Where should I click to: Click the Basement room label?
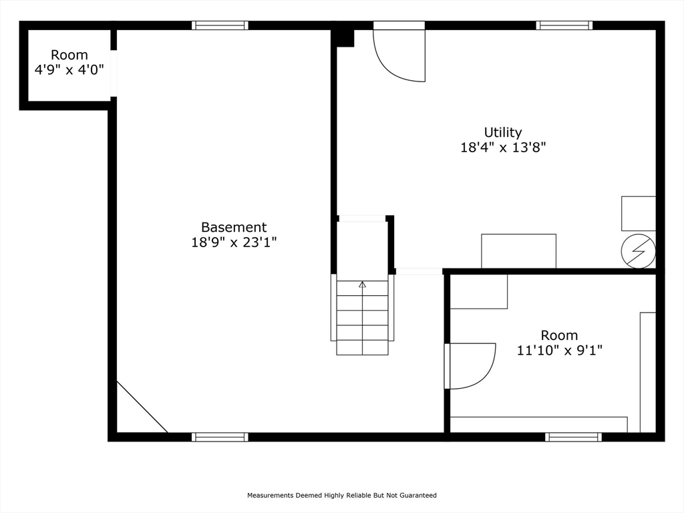pyautogui.click(x=234, y=228)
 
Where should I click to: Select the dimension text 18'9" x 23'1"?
pyautogui.click(x=234, y=242)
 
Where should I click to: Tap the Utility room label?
pyautogui.click(x=503, y=132)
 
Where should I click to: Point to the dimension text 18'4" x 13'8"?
pyautogui.click(x=503, y=148)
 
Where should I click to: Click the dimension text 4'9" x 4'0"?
pyautogui.click(x=69, y=69)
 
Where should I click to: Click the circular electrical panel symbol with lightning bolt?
pyautogui.click(x=638, y=251)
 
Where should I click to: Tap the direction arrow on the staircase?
pyautogui.click(x=363, y=285)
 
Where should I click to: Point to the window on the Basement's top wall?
pyautogui.click(x=220, y=25)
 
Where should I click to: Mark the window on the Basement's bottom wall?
pyautogui.click(x=220, y=437)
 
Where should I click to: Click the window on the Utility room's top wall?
pyautogui.click(x=564, y=25)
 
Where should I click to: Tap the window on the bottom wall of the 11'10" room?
pyautogui.click(x=573, y=437)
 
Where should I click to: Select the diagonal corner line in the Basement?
pyautogui.click(x=142, y=407)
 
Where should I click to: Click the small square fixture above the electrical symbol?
pyautogui.click(x=638, y=213)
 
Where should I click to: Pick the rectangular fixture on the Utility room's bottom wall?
pyautogui.click(x=518, y=250)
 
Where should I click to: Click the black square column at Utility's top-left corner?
pyautogui.click(x=344, y=37)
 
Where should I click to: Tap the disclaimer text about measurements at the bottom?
pyautogui.click(x=342, y=495)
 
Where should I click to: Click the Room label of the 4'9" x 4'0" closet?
pyautogui.click(x=69, y=55)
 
